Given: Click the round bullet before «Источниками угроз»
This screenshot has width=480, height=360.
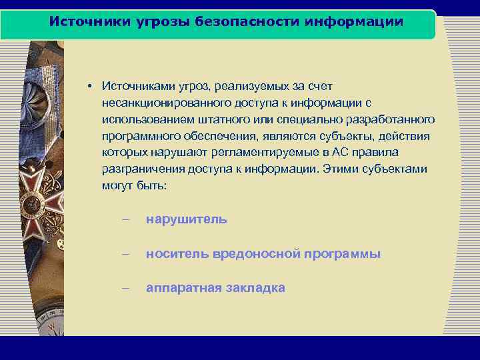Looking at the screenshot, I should (x=88, y=87).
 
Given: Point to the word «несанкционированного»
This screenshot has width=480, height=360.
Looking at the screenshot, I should (x=166, y=103).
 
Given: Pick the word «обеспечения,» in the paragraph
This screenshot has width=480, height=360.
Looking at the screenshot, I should (x=218, y=136).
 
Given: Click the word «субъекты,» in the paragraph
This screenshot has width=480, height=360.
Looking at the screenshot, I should (x=337, y=136).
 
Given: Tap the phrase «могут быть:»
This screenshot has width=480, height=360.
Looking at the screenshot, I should (x=135, y=185).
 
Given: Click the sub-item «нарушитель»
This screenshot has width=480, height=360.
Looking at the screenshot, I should (x=187, y=219).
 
